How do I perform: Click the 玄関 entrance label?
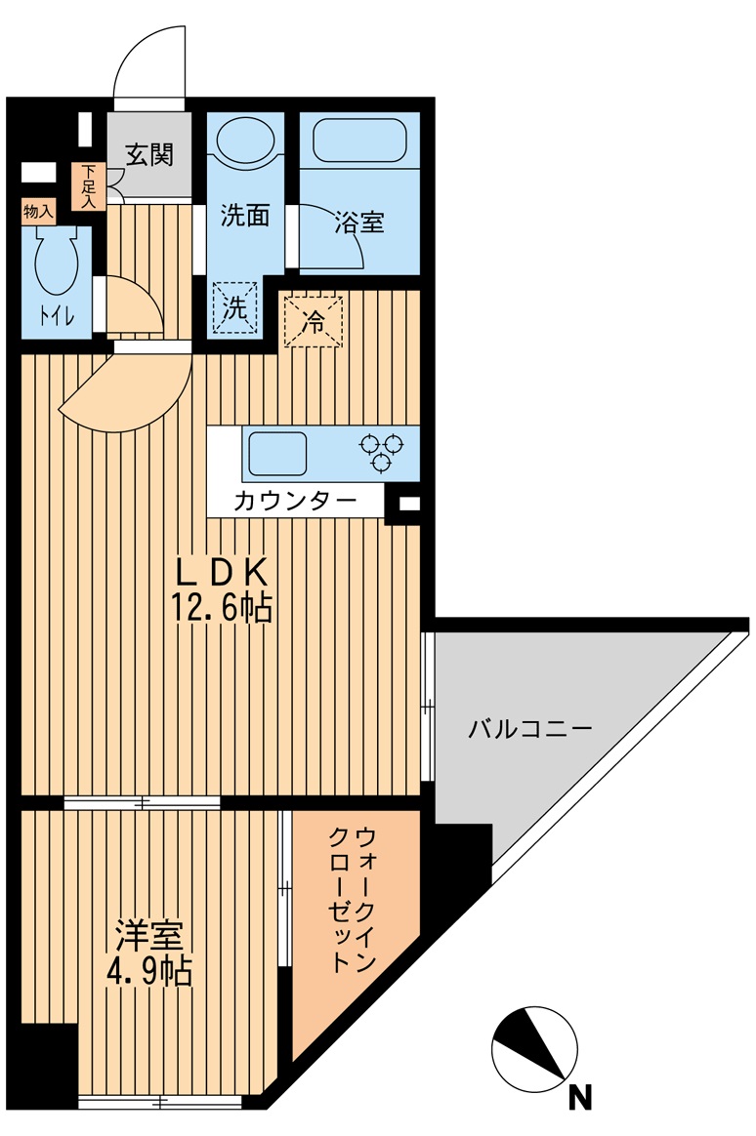coord(149,154)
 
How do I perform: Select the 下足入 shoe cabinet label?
coord(89,186)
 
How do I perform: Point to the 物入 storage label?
coord(38,211)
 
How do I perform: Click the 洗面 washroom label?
coord(244,217)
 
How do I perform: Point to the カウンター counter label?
coord(294,502)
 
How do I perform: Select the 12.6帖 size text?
coord(223,609)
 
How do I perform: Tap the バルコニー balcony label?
coord(529,728)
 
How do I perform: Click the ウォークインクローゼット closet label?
coord(353,899)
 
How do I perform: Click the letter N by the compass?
coord(580,1098)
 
